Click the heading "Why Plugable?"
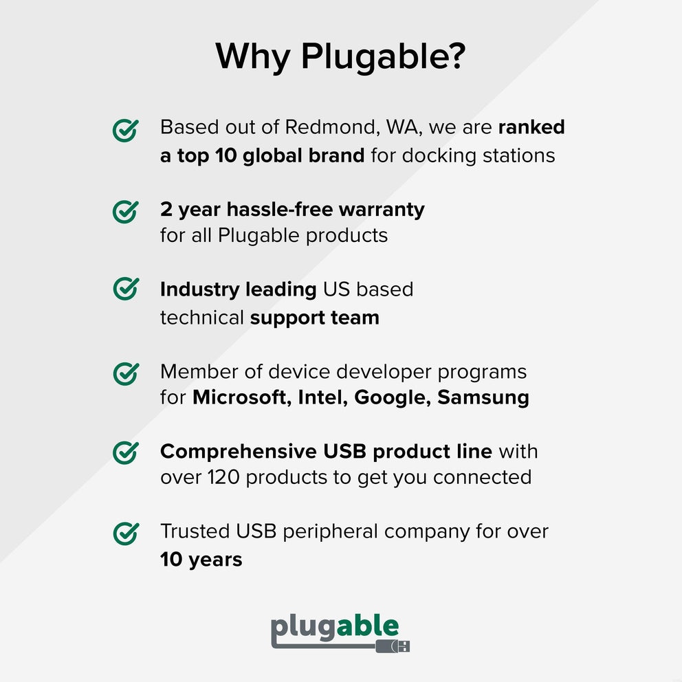[340, 56]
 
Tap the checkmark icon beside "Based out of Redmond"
[125, 129]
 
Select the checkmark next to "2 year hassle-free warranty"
[125, 211]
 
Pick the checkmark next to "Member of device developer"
[125, 373]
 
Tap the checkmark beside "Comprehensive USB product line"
[125, 452]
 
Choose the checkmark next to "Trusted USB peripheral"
[125, 533]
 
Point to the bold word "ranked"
[531, 127]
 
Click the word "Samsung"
[483, 397]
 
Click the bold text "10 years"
[201, 560]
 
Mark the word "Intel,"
[323, 397]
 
